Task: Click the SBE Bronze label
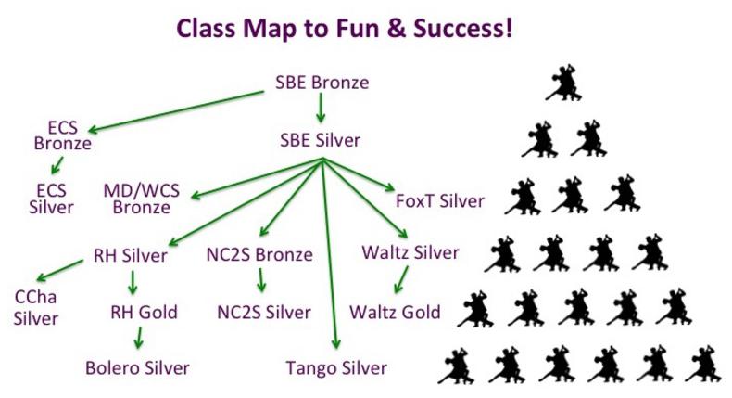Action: (322, 83)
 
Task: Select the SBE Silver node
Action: (321, 140)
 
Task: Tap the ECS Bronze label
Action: (63, 135)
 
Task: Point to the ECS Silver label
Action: (51, 199)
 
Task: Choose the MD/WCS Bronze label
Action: (142, 199)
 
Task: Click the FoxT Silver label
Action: (440, 201)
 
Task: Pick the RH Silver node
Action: (131, 256)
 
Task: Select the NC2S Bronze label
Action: (259, 255)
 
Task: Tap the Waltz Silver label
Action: (410, 252)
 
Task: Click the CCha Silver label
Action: (36, 308)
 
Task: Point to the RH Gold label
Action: (144, 313)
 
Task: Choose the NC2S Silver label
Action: (264, 313)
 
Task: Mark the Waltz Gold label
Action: (395, 313)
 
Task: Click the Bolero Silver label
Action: (137, 368)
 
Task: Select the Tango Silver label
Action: (336, 368)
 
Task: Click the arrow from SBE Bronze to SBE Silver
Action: (321, 108)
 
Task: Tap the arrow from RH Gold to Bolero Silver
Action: (138, 338)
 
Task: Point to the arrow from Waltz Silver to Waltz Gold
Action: (401, 279)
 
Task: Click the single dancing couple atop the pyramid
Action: (564, 83)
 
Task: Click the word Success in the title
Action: (462, 28)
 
